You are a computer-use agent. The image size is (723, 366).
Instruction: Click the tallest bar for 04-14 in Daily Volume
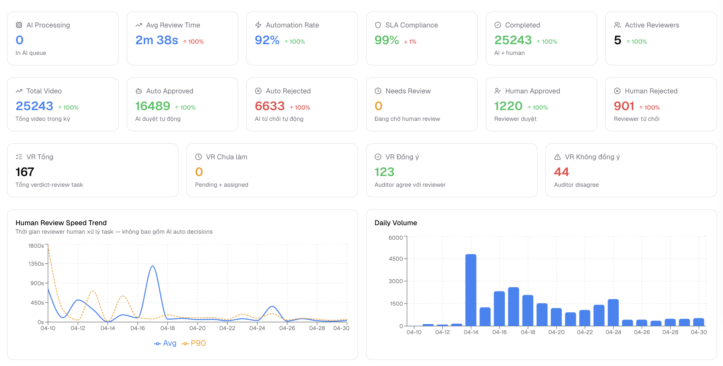[x=471, y=290]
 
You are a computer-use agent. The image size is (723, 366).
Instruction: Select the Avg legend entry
[x=165, y=343]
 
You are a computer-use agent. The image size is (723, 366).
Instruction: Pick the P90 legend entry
[x=194, y=343]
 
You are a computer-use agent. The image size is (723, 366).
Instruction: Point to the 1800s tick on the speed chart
[x=36, y=246]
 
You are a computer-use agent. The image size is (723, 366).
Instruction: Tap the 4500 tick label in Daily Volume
[x=396, y=259]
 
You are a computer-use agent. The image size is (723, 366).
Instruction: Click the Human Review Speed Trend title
[x=61, y=223]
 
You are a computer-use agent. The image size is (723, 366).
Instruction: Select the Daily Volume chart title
[x=396, y=223]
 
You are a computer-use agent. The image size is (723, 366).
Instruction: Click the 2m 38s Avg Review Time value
[x=156, y=40]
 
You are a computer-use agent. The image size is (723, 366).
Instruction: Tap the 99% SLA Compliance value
[x=386, y=40]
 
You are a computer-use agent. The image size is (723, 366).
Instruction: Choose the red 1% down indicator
[x=410, y=42]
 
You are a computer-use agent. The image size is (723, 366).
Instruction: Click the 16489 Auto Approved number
[x=153, y=106]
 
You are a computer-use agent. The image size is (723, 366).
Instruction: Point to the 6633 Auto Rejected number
[x=270, y=106]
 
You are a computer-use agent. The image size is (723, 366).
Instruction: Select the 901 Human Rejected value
[x=624, y=106]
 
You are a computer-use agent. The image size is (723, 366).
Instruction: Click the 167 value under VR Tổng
[x=25, y=172]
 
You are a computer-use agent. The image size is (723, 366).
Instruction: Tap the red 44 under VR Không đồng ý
[x=561, y=172]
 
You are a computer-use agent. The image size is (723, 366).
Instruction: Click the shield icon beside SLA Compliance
[x=378, y=25]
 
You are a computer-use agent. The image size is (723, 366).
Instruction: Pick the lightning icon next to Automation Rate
[x=258, y=25]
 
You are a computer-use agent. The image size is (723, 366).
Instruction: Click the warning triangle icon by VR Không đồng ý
[x=557, y=157]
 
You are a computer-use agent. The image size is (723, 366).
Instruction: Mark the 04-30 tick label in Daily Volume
[x=698, y=332]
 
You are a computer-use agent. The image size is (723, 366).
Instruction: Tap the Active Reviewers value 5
[x=617, y=40]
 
